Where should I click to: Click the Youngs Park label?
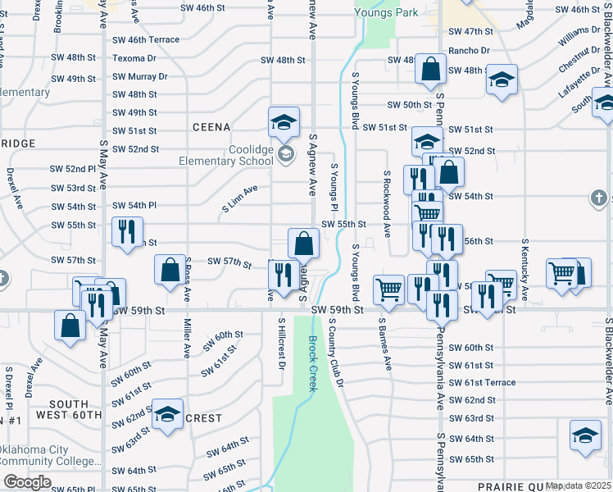click(386, 12)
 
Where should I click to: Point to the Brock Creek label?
click(311, 364)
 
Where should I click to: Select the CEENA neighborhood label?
click(211, 127)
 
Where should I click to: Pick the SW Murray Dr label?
click(139, 76)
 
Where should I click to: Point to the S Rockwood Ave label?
click(385, 202)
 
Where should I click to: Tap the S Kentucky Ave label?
click(524, 270)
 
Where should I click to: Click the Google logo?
click(27, 482)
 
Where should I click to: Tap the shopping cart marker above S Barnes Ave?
click(388, 288)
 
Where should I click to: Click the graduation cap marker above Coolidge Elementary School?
click(284, 122)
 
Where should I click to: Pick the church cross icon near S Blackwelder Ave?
click(599, 198)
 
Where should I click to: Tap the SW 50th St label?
click(411, 105)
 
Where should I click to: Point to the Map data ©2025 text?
click(579, 485)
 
